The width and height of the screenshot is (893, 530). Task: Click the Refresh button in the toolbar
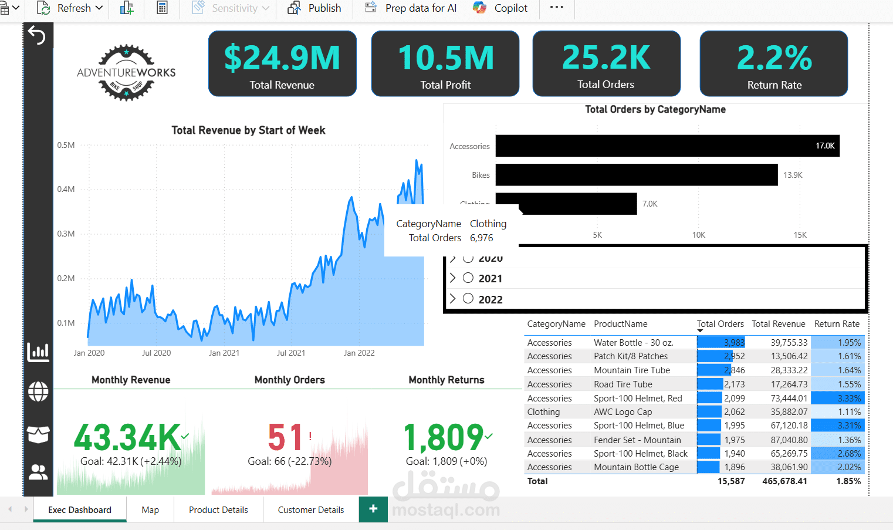pos(70,8)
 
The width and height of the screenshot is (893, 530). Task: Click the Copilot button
pos(500,8)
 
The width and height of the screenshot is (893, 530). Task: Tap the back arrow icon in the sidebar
pos(37,35)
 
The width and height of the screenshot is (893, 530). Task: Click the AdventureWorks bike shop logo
pos(126,72)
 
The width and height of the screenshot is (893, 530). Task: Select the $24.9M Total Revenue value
pos(282,58)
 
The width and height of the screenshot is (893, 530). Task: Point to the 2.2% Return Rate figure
pos(774,58)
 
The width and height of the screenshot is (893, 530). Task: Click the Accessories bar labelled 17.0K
pos(667,146)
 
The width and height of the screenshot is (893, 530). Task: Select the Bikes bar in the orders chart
pos(637,175)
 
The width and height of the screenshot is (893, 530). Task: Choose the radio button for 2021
pos(468,278)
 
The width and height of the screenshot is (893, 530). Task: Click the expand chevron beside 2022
pos(452,299)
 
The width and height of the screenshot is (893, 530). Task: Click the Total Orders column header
pos(720,324)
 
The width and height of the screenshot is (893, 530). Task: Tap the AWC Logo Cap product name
pos(623,412)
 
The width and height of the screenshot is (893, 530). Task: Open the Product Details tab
pos(218,509)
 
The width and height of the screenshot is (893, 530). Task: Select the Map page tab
pos(150,509)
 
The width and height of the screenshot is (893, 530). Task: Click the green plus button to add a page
pos(373,509)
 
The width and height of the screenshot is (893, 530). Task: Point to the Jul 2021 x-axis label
pos(291,353)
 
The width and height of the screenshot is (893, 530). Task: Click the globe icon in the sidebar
pos(38,391)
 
